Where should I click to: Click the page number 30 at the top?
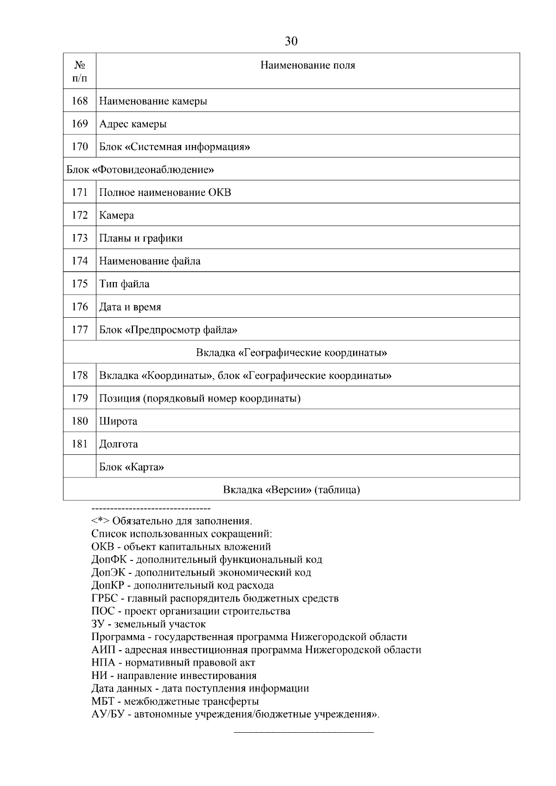pyautogui.click(x=291, y=41)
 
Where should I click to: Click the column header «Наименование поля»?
pyautogui.click(x=307, y=65)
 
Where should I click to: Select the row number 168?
pyautogui.click(x=80, y=101)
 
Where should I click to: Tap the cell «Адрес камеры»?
pyautogui.click(x=133, y=124)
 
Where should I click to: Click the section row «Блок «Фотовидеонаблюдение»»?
pyautogui.click(x=140, y=170)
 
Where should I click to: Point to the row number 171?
pyautogui.click(x=80, y=192)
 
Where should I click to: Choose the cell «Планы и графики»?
pyautogui.click(x=141, y=238)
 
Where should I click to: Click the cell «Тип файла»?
pyautogui.click(x=124, y=284)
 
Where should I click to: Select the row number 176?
pyautogui.click(x=80, y=307)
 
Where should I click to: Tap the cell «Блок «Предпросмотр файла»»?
pyautogui.click(x=168, y=330)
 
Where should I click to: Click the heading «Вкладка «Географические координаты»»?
pyautogui.click(x=291, y=353)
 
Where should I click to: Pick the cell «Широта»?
pyautogui.click(x=118, y=421)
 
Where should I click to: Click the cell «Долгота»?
pyautogui.click(x=119, y=444)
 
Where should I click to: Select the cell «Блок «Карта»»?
pyautogui.click(x=132, y=467)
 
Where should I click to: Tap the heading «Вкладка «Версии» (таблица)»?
pyautogui.click(x=291, y=490)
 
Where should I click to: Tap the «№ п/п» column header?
pyautogui.click(x=80, y=71)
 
